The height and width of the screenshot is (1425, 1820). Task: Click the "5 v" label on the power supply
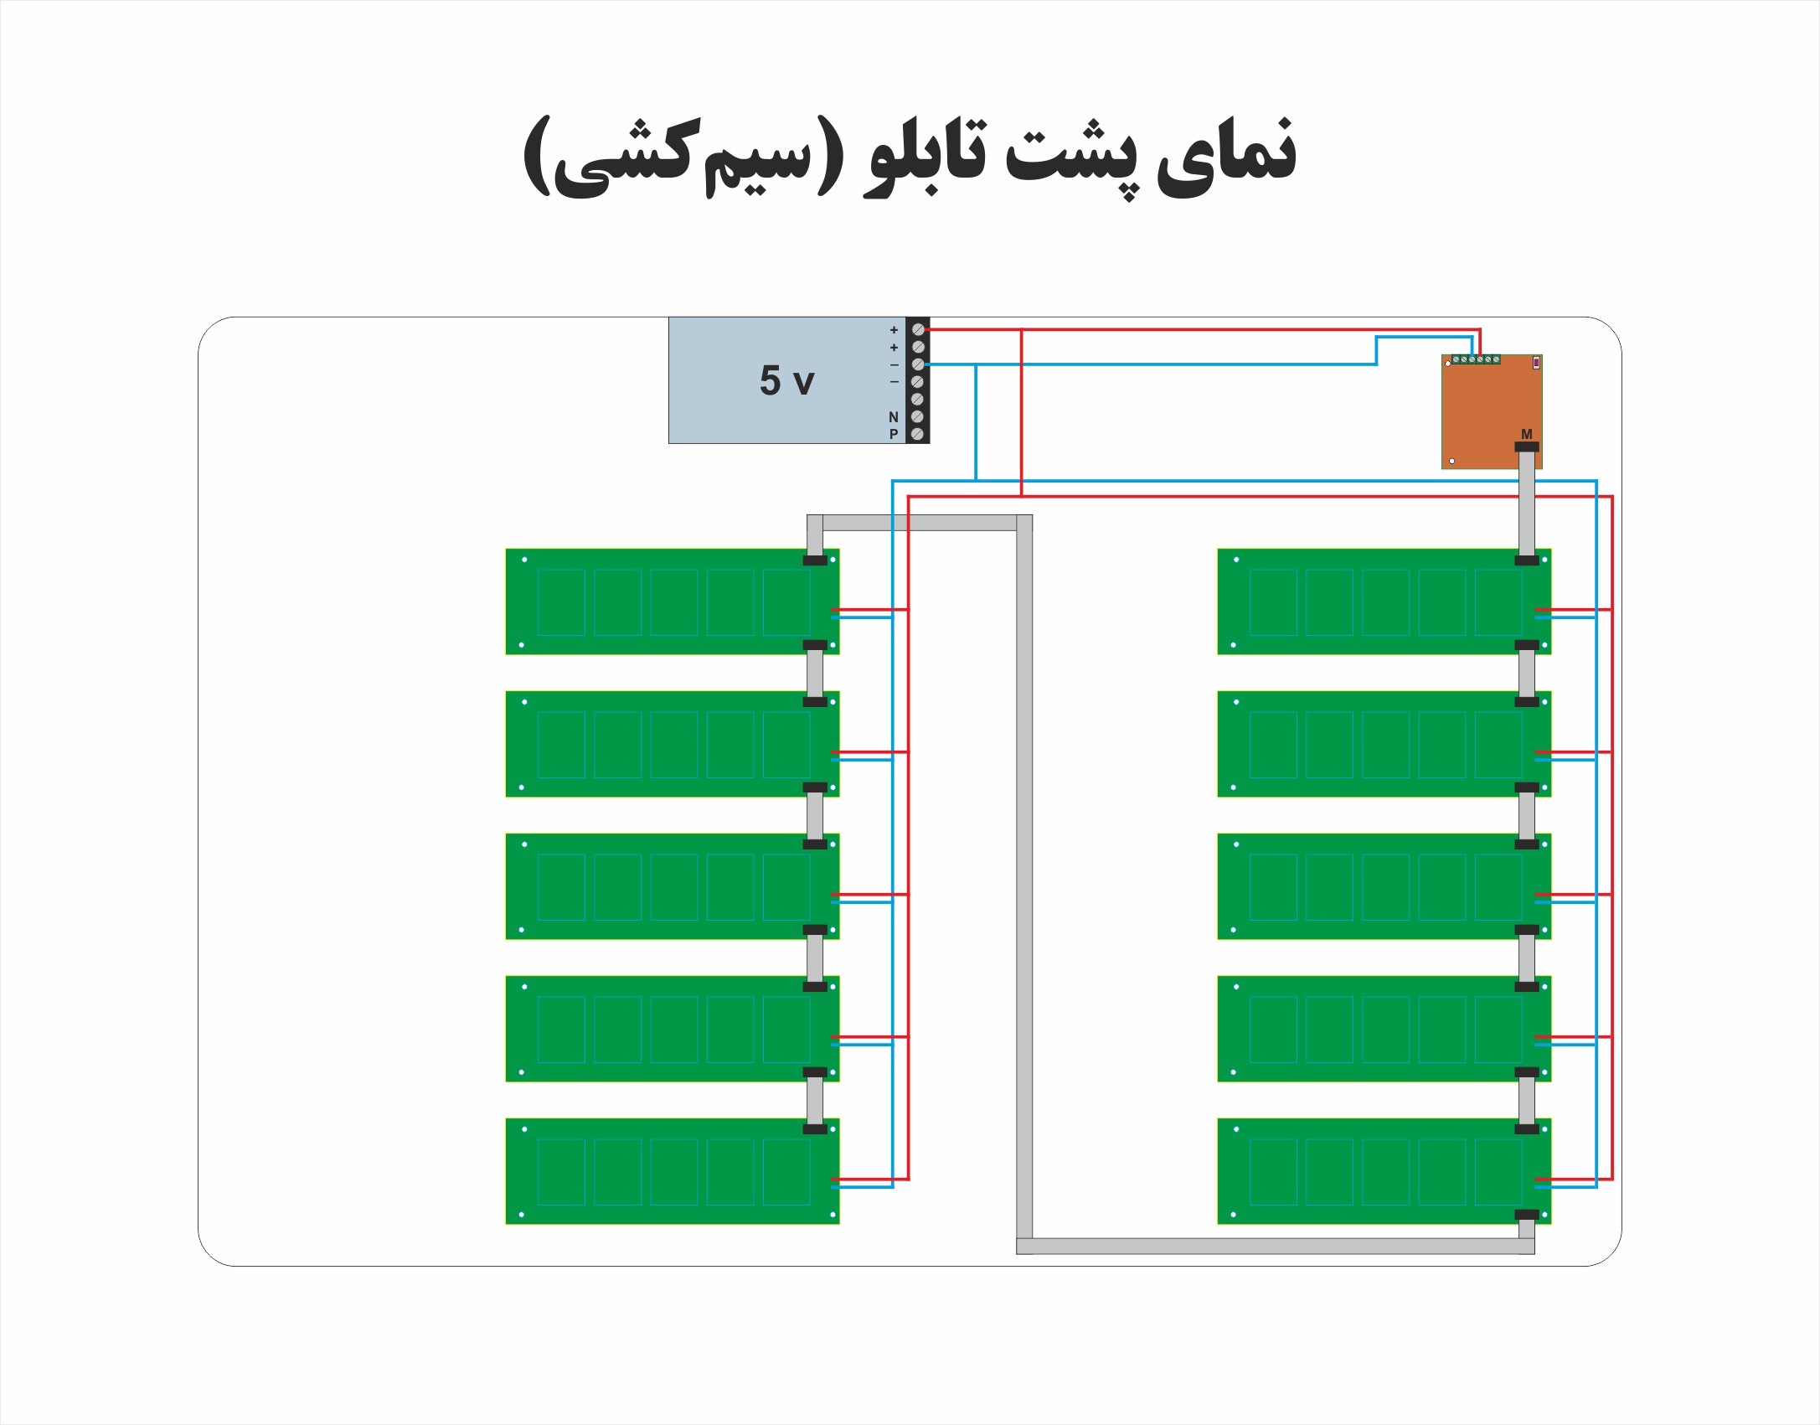[786, 380]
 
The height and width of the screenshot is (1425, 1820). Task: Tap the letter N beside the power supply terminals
[894, 417]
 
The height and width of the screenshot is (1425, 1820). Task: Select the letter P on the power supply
[894, 435]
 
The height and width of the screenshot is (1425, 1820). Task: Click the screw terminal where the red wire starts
[918, 329]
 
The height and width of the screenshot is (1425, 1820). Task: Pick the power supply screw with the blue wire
[918, 364]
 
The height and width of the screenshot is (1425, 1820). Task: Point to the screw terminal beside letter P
[918, 434]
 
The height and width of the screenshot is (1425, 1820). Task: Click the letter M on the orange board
[1527, 434]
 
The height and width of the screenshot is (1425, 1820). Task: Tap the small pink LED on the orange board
[1536, 363]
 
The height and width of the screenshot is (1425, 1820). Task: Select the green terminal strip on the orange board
[1476, 359]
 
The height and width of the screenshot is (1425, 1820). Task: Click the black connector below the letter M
[1527, 447]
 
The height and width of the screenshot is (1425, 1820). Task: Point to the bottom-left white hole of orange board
[1451, 461]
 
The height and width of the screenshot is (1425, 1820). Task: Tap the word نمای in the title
[1227, 155]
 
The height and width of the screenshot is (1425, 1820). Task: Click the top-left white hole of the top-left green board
[524, 560]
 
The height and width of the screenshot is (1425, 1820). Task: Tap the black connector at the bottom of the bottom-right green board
[1527, 1215]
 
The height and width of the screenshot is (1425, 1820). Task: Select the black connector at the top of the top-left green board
[815, 560]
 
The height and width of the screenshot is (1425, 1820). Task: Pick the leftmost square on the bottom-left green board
[561, 1171]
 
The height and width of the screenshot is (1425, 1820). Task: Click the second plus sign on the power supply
[894, 348]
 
